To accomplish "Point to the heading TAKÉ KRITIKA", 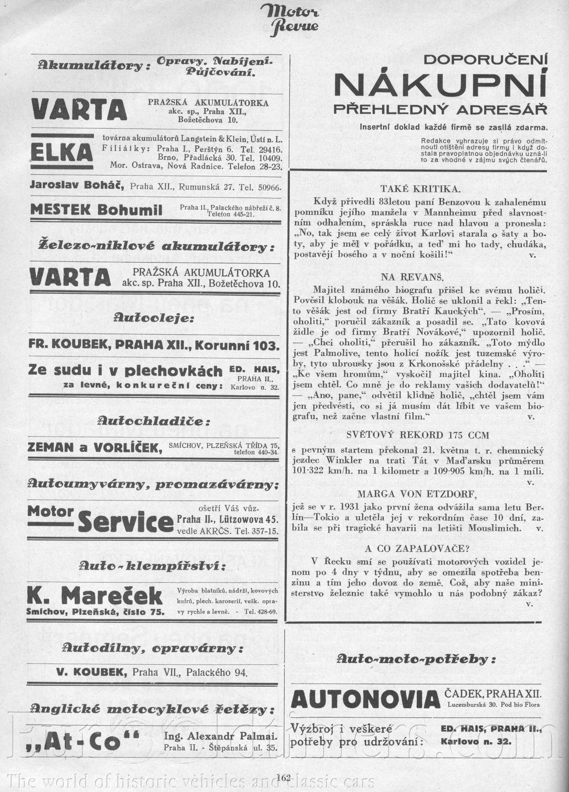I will point(420,189).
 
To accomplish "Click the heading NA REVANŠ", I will point(413,277).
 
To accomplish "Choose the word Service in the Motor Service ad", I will point(126,523).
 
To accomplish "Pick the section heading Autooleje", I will point(154,319).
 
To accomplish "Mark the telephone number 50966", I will point(269,187).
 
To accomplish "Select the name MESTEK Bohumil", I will point(96,210).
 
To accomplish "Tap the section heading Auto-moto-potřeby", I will point(416,659).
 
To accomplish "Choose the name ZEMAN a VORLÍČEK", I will point(95,448).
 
